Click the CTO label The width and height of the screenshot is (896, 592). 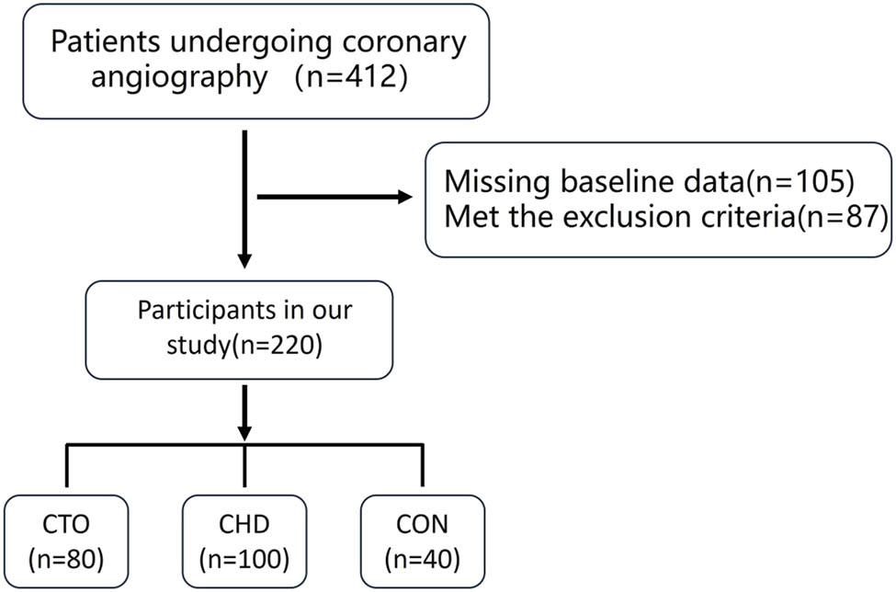coord(67,524)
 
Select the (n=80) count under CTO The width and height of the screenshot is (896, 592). coord(67,558)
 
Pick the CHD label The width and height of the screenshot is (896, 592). coord(244,524)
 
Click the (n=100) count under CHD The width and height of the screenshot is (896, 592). coord(244,558)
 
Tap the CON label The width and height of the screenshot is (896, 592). coord(422,524)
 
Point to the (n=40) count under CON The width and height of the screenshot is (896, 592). coord(422,558)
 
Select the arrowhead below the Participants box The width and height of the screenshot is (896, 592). coord(244,428)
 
